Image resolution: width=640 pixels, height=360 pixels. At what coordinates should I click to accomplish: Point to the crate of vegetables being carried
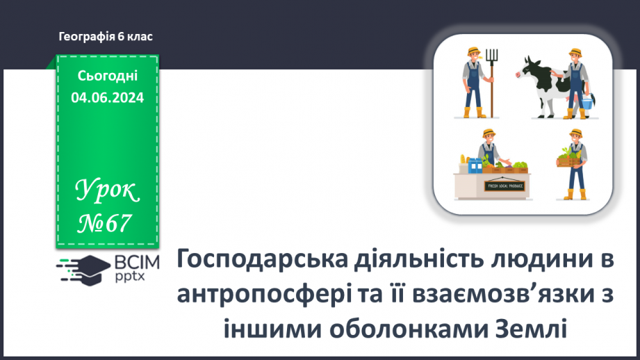tap(568, 161)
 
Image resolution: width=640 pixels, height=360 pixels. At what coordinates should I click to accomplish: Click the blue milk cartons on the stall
tap(474, 165)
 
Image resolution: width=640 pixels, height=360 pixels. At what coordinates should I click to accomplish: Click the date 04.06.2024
tap(107, 98)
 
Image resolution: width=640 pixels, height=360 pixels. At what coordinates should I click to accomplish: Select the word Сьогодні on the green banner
tap(107, 76)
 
